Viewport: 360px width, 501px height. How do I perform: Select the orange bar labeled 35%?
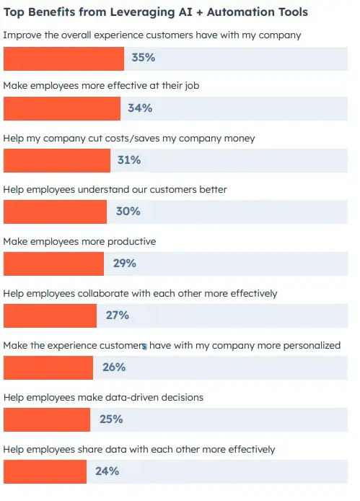click(64, 57)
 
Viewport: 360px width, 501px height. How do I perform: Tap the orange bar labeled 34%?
click(62, 108)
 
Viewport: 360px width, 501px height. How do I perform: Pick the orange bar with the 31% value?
click(57, 160)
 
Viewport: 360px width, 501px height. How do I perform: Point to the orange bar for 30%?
click(55, 212)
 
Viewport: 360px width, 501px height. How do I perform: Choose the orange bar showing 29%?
click(53, 263)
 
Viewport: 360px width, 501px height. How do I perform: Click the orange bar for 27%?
click(50, 315)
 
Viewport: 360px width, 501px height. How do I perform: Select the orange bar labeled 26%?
click(48, 367)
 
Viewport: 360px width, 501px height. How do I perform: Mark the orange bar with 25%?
click(47, 419)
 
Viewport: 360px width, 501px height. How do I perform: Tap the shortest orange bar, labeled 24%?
click(45, 471)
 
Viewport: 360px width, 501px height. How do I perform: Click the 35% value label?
click(143, 57)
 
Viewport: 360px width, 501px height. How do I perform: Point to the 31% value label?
click(128, 160)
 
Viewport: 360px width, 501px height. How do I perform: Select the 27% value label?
click(117, 315)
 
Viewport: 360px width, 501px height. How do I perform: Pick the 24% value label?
click(107, 471)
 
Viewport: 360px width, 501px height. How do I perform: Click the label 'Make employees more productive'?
click(79, 241)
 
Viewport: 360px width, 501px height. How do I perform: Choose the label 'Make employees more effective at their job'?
click(101, 86)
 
